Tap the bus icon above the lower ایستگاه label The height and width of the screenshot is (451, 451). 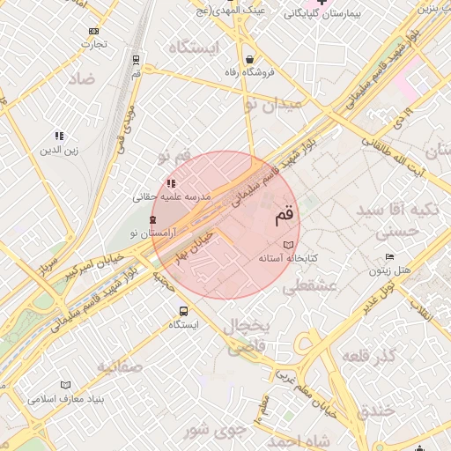pos(183,311)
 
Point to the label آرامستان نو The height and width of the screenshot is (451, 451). pos(152,233)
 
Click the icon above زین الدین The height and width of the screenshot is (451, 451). pos(59,136)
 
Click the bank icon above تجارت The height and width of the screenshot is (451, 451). pos(94,30)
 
